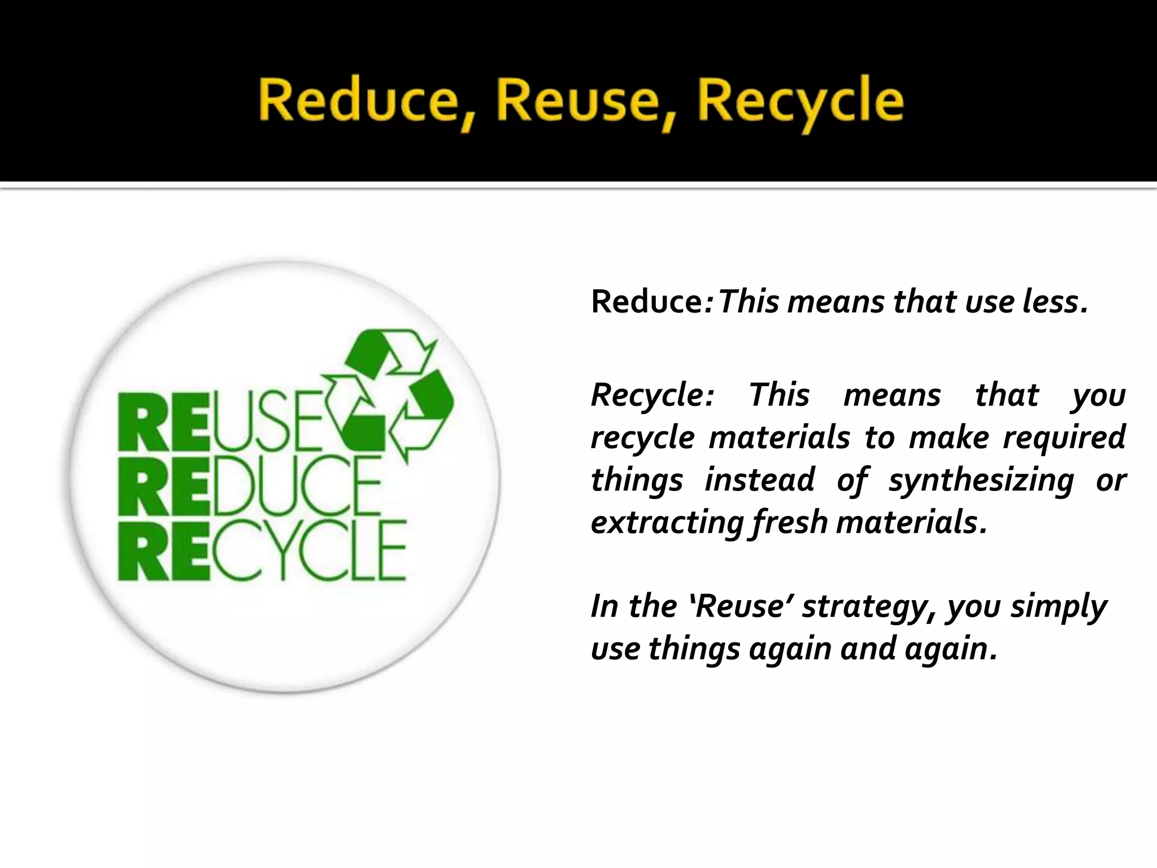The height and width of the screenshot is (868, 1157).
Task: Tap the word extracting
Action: click(667, 522)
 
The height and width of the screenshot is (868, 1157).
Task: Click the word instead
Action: click(760, 480)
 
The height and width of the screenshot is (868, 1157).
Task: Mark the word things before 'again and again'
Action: click(694, 649)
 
